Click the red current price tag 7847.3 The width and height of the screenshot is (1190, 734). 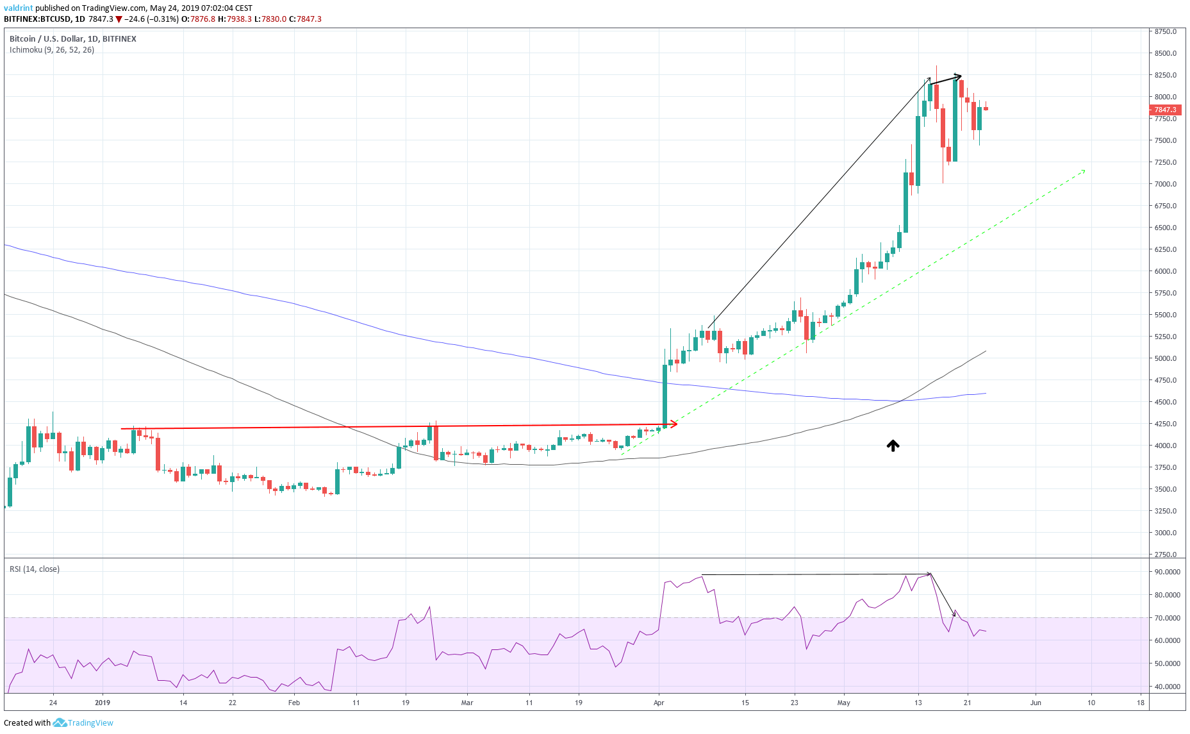pyautogui.click(x=1165, y=110)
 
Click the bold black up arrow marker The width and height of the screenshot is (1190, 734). pyautogui.click(x=893, y=446)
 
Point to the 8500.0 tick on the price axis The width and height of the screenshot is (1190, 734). pyautogui.click(x=1166, y=53)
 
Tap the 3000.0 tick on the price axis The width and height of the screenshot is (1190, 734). pyautogui.click(x=1166, y=533)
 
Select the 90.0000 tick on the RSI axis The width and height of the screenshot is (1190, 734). pyautogui.click(x=1167, y=572)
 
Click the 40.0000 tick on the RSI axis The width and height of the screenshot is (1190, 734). pyautogui.click(x=1167, y=687)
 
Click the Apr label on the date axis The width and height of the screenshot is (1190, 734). pyautogui.click(x=659, y=703)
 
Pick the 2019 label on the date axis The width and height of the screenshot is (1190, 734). pyautogui.click(x=103, y=703)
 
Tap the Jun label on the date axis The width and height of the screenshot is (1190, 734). pyautogui.click(x=1036, y=703)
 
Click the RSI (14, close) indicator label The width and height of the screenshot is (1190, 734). pyautogui.click(x=35, y=569)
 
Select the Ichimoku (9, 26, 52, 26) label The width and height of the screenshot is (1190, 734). pyautogui.click(x=52, y=50)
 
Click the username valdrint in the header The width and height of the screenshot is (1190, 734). pyautogui.click(x=18, y=8)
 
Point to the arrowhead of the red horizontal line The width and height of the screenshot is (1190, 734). pyautogui.click(x=674, y=424)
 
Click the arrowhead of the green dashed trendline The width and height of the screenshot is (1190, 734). pyautogui.click(x=1083, y=171)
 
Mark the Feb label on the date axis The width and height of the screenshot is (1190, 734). pyautogui.click(x=293, y=703)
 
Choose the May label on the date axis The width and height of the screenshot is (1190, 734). pyautogui.click(x=843, y=703)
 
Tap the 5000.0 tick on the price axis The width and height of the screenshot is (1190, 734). pyautogui.click(x=1166, y=358)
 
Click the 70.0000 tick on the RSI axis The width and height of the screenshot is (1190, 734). pyautogui.click(x=1167, y=618)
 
